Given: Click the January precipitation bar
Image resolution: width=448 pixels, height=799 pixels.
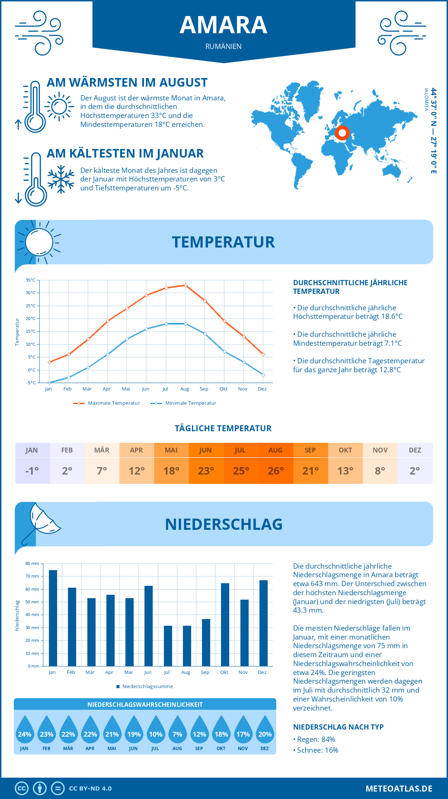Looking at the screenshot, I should point(53,618).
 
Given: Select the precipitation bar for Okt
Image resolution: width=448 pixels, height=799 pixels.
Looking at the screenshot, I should point(225,624).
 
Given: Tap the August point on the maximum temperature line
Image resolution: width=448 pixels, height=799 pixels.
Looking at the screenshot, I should point(186,285).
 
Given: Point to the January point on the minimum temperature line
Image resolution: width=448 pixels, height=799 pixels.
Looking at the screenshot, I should point(49,383).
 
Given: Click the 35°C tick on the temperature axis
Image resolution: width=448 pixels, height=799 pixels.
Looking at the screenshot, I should point(31,280).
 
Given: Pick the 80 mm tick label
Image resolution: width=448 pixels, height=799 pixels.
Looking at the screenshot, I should point(32,563).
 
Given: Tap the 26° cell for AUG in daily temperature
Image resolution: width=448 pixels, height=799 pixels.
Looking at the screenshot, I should point(276,471).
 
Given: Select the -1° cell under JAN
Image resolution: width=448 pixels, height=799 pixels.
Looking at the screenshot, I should point(32,471).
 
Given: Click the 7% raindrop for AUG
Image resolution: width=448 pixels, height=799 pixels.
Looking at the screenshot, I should point(177,731).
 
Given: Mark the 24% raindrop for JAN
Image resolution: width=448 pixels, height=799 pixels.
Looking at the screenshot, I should point(25,731).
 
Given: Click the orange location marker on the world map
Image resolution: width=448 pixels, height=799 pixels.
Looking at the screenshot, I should point(342,133).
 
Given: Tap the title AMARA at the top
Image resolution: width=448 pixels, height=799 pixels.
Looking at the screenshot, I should point(223,25).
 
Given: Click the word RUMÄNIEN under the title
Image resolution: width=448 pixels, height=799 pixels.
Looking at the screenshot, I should point(223,46).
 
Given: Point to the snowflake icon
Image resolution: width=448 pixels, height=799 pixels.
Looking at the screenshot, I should point(61,179).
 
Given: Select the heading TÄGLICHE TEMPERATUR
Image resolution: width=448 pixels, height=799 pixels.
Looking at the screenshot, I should point(223,428).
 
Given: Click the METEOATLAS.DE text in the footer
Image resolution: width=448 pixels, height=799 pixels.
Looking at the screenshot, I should point(399,789).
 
